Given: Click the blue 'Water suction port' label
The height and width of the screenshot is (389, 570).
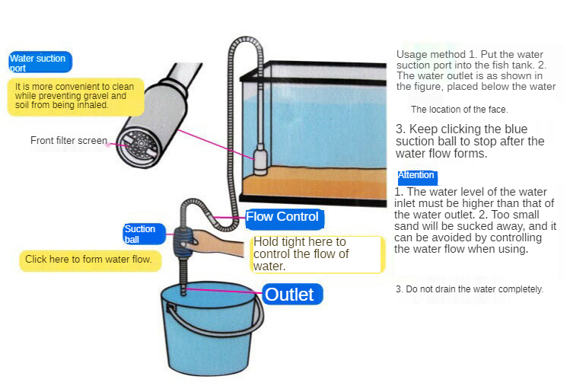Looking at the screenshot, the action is click(x=40, y=62).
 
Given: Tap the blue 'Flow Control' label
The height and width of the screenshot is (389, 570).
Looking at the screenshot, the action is click(x=285, y=218).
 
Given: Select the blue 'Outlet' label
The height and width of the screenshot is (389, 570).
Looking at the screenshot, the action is click(x=292, y=294).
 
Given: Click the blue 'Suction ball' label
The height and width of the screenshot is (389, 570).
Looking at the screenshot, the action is click(x=144, y=234).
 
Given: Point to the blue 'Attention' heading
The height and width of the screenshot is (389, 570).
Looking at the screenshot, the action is click(x=417, y=177).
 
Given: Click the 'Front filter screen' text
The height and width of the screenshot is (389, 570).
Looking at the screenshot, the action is click(x=68, y=140).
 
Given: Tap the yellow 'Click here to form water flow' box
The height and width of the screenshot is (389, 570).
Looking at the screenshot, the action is click(x=90, y=260).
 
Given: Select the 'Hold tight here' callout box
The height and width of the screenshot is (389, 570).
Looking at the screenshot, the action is click(x=317, y=254).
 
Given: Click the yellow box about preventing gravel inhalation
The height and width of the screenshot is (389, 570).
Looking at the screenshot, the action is click(x=75, y=97).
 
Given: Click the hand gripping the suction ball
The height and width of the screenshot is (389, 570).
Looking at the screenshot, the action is click(x=215, y=243).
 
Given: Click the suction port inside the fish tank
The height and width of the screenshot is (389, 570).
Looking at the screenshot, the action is click(x=260, y=159).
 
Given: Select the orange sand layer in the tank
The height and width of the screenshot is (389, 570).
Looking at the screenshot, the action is click(x=314, y=183).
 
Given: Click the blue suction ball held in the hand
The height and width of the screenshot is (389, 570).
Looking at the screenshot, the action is click(x=184, y=242).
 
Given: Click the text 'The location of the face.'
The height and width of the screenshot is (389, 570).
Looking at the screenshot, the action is click(x=460, y=110).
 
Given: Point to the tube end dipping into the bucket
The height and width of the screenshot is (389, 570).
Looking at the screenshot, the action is click(x=183, y=289).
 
